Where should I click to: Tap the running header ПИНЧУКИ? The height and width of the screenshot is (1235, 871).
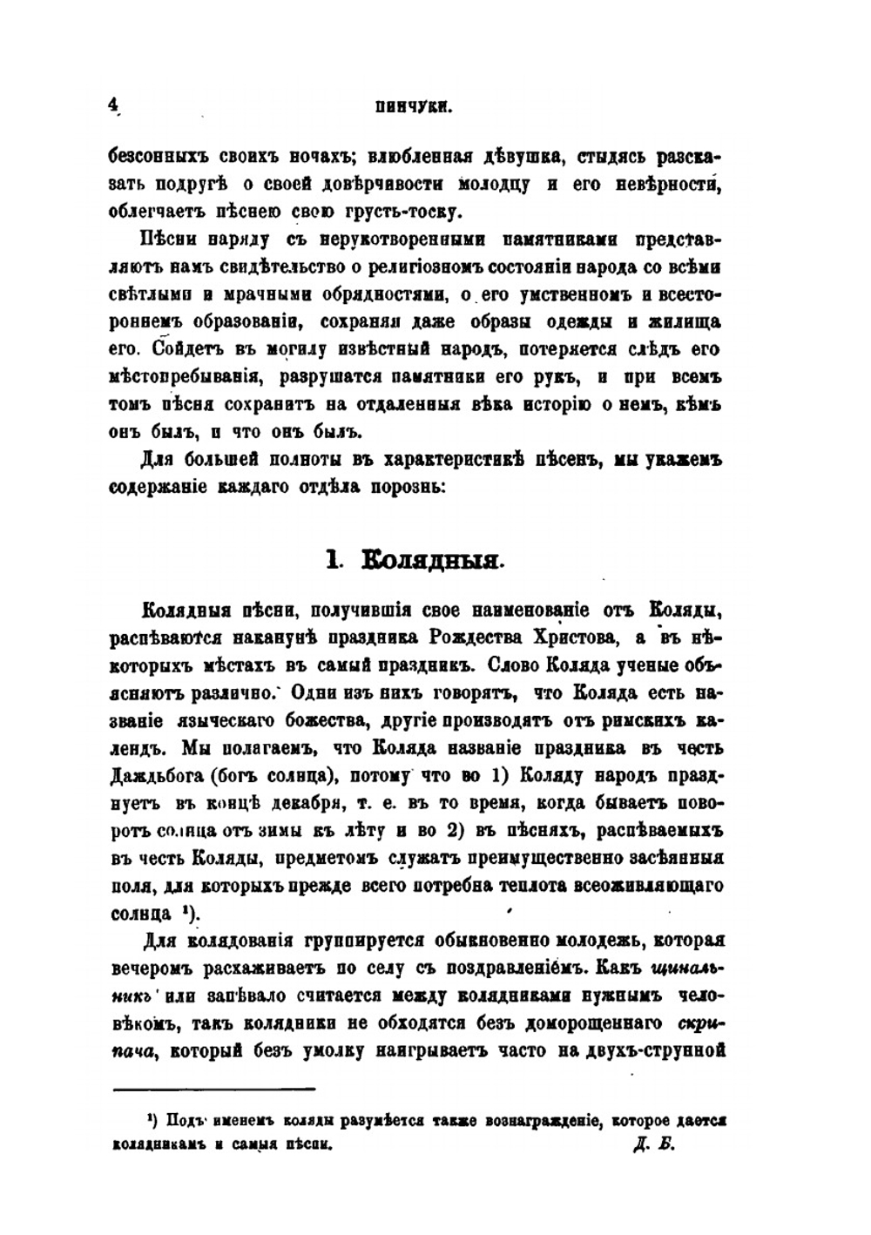click(x=412, y=107)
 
